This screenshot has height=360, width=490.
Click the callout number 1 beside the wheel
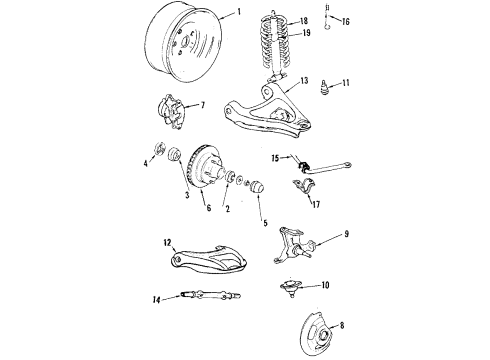click(239, 14)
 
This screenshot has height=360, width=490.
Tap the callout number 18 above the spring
click(305, 19)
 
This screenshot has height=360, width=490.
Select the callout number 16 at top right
click(346, 19)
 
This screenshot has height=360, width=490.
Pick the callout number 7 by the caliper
click(204, 104)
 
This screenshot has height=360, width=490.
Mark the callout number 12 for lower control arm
click(169, 242)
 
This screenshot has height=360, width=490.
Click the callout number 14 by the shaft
click(156, 299)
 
